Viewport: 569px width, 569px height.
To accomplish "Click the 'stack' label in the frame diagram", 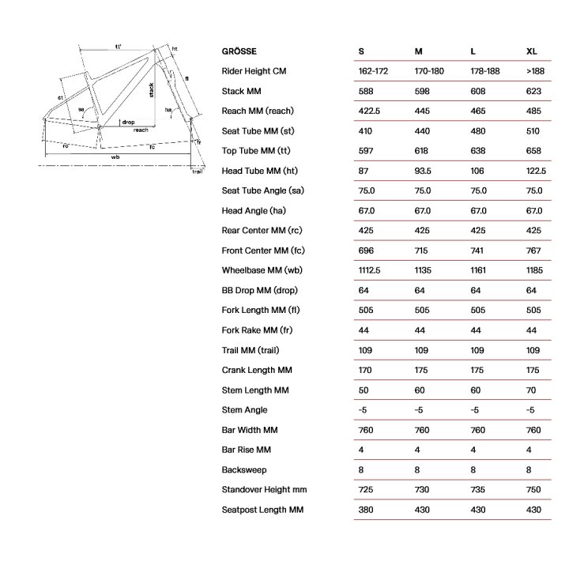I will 151,96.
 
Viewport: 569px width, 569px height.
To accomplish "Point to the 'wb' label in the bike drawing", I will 115,157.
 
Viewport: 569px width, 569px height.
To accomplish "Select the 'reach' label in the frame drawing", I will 141,130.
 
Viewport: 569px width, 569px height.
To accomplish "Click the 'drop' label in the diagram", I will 129,122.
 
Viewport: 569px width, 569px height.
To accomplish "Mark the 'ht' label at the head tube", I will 175,49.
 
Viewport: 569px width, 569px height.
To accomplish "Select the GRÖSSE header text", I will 239,51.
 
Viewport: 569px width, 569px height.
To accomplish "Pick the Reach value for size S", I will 369,111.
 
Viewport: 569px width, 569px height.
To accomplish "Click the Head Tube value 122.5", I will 536,171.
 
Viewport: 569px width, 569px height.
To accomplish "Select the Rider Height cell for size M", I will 429,71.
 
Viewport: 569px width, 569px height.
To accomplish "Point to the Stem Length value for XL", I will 531,390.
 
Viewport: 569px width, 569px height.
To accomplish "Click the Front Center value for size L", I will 478,251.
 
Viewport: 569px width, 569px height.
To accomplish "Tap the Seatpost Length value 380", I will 365,510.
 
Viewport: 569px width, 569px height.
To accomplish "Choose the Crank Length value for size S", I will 365,370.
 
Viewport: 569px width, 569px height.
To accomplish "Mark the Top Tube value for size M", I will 422,151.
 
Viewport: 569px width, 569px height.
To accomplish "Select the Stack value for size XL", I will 533,92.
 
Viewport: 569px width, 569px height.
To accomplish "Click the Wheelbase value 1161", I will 480,270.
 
